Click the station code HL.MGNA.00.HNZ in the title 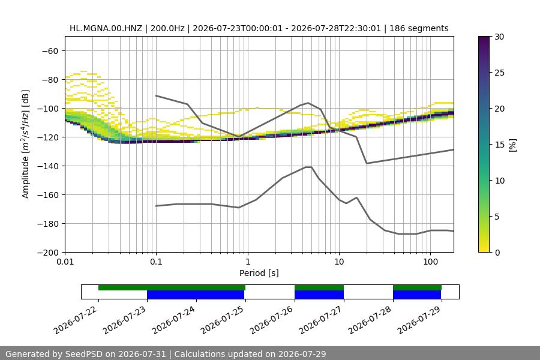pos(106,28)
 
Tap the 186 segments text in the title pos(419,28)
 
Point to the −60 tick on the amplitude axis pos(50,51)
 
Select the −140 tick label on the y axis pos(48,166)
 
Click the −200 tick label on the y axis pos(48,253)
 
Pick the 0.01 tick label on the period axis pos(65,262)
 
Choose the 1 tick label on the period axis pos(248,262)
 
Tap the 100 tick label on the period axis pos(430,262)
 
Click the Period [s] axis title pos(259,273)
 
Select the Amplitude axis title pos(26,144)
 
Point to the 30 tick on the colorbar pos(499,37)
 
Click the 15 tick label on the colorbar pos(499,145)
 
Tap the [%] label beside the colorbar pos(513,145)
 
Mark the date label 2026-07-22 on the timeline pos(76,320)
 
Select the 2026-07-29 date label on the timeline pos(419,320)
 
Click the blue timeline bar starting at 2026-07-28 pos(417,295)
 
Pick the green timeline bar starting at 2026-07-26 pos(319,287)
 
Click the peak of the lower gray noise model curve pos(308,167)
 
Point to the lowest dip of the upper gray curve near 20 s pos(367,163)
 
